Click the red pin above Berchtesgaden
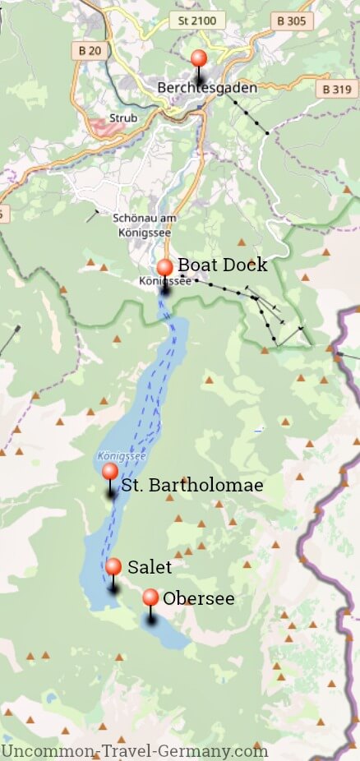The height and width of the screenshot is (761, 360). point(199,58)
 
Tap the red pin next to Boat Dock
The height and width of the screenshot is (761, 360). point(164,267)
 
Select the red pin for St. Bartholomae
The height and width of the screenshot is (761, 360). point(109,472)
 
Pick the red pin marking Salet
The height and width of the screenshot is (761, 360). point(113,566)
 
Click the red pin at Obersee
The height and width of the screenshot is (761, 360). point(150,597)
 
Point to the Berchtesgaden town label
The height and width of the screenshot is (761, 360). point(207,87)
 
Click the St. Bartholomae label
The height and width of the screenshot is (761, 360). point(192,486)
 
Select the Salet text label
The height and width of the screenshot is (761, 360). point(150,567)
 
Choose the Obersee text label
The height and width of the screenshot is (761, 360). point(199,599)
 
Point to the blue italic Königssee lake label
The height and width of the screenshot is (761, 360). point(120,454)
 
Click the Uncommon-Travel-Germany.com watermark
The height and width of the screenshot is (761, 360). point(135,751)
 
